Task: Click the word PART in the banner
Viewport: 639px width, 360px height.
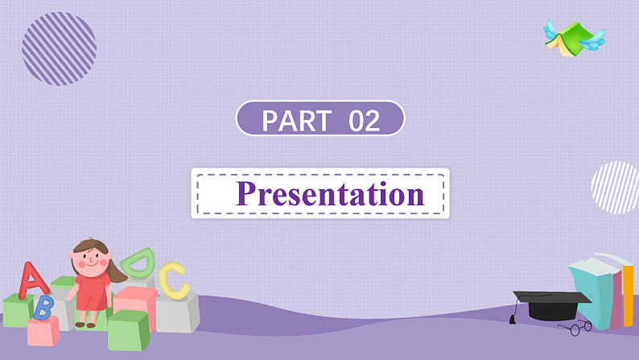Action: point(296,121)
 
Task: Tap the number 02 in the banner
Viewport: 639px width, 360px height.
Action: point(364,121)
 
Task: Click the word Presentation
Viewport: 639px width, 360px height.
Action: point(330,194)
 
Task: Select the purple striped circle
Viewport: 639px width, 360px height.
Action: point(59,48)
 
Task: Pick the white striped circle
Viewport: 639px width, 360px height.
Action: point(616,188)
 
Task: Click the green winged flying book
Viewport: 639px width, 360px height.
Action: point(573,38)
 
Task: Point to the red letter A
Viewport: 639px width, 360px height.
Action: point(32,279)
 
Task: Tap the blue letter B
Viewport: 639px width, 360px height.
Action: point(43,306)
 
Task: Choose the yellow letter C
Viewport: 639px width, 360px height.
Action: point(173,279)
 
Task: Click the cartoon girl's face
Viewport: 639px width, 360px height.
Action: point(90,258)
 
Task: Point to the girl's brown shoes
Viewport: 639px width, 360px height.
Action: point(85,324)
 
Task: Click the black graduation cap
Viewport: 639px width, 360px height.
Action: point(550,304)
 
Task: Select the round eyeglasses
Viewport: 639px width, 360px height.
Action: point(575,327)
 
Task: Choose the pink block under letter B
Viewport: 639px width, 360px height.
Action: point(43,331)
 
